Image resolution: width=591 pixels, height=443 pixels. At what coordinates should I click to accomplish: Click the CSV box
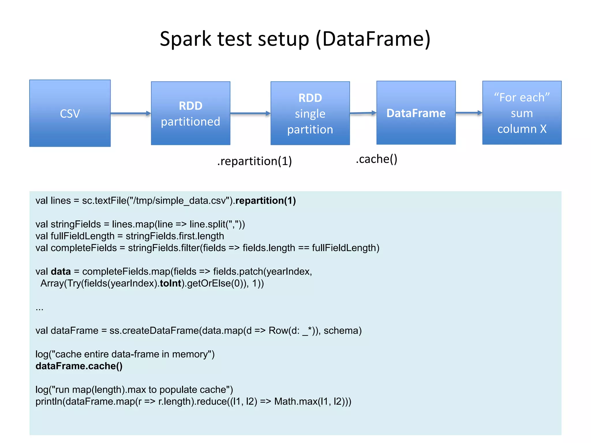click(70, 113)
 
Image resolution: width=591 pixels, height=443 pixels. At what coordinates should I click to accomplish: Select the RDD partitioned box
click(190, 113)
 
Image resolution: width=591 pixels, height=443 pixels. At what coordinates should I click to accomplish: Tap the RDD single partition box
click(310, 113)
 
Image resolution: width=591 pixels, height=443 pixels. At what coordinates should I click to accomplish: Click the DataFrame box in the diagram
click(416, 113)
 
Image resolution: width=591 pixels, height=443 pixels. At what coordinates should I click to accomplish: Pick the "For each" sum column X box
click(522, 113)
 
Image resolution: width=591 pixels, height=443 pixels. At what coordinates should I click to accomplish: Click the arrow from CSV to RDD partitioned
click(130, 113)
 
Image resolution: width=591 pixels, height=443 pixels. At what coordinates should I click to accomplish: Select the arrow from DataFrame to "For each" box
click(469, 113)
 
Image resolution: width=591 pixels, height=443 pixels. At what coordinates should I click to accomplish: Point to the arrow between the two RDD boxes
click(250, 113)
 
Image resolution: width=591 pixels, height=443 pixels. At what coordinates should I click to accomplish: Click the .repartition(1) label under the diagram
click(255, 161)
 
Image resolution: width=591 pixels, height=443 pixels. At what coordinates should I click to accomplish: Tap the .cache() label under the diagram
click(376, 159)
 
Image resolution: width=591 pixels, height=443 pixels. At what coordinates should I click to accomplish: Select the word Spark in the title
click(186, 39)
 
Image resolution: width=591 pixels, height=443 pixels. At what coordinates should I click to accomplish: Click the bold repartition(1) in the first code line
click(265, 200)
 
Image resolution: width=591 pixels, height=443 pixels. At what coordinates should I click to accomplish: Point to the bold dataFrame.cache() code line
click(79, 366)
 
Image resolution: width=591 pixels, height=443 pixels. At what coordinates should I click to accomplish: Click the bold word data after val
click(61, 271)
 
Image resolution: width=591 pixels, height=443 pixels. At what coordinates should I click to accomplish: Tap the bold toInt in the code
click(170, 283)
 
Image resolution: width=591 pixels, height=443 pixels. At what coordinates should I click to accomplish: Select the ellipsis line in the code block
click(40, 309)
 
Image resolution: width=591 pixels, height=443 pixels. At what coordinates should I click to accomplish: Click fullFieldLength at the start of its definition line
click(83, 236)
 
